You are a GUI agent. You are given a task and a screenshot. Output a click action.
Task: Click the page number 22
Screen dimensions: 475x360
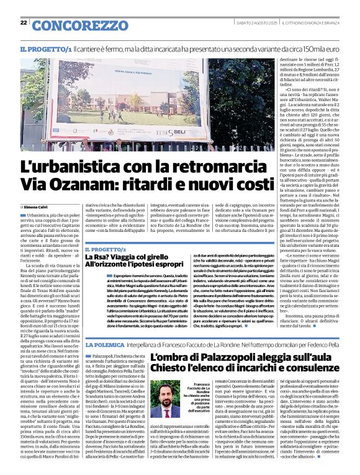pos(23,23)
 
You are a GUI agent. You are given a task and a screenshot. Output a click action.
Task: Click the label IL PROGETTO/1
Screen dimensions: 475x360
pos(46,49)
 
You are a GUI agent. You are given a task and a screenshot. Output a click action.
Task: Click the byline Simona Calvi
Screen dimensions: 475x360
pos(36,206)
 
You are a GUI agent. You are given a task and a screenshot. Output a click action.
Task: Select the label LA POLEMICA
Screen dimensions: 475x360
pos(107,344)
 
